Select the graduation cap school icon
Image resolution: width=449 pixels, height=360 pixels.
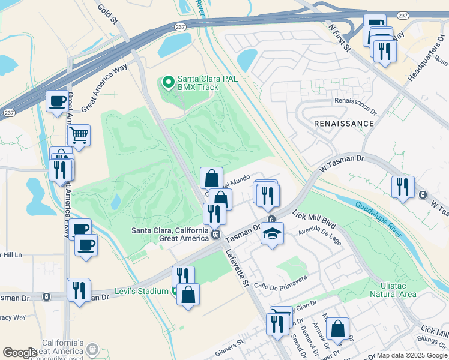272,233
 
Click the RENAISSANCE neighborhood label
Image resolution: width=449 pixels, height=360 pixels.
344,123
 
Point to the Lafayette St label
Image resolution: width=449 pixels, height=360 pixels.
237,263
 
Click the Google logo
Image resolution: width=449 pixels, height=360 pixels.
20,353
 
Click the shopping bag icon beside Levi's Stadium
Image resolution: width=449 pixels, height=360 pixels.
188,295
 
